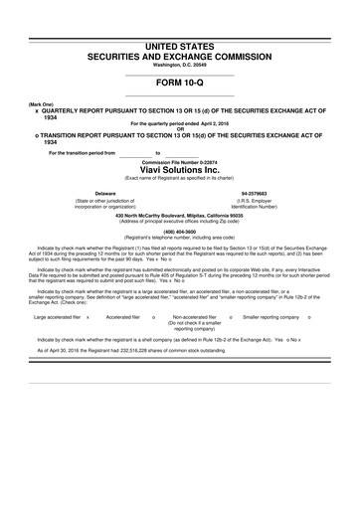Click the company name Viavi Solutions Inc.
tap(180, 170)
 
